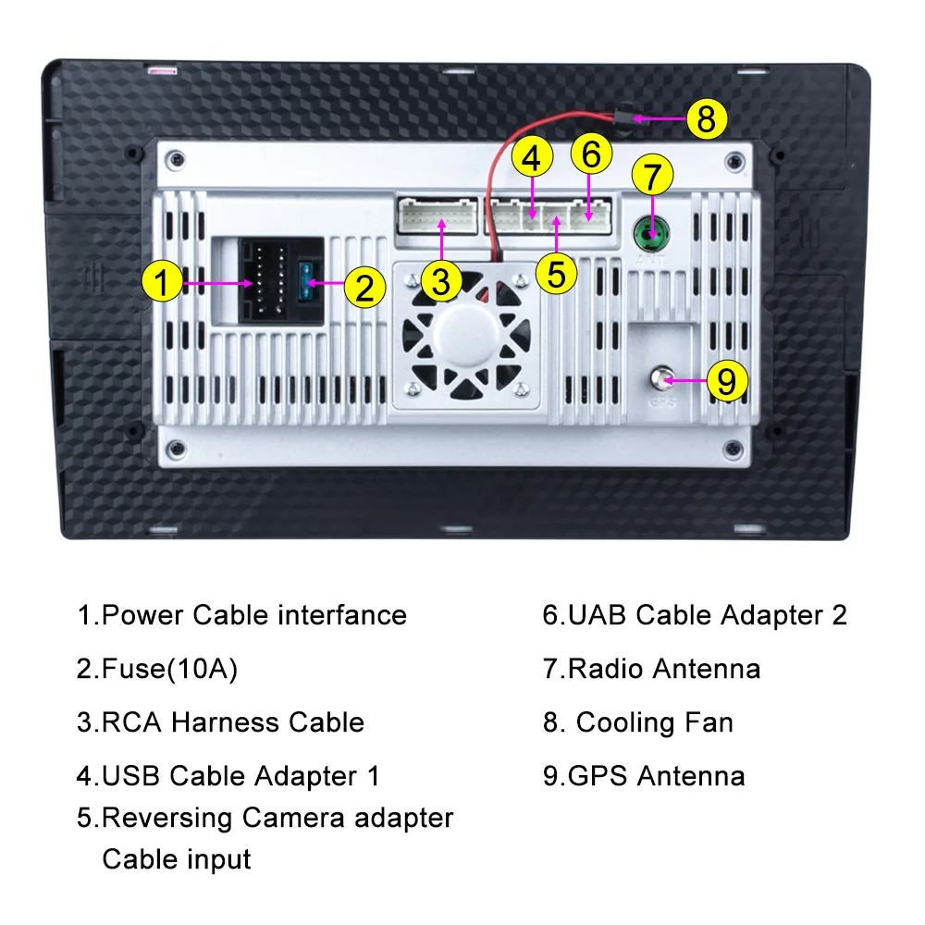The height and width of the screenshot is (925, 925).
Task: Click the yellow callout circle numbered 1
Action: [162, 281]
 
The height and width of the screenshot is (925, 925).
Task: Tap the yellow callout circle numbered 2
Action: [364, 288]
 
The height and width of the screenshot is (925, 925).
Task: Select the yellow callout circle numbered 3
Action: [441, 280]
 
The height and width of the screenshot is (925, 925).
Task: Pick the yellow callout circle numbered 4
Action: [530, 158]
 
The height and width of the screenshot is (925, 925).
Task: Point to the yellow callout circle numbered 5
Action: [556, 272]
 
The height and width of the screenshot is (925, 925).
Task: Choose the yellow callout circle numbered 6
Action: [592, 154]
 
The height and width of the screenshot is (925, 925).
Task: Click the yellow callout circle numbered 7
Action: [653, 176]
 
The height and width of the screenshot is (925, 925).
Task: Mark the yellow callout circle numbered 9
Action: [726, 379]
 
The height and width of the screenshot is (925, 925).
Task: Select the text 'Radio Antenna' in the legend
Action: [664, 669]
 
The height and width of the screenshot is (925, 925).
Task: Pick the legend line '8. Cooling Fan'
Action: [638, 722]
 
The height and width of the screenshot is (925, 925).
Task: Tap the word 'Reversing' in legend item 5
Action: [167, 818]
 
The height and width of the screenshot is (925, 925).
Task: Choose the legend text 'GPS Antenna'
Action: [656, 775]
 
